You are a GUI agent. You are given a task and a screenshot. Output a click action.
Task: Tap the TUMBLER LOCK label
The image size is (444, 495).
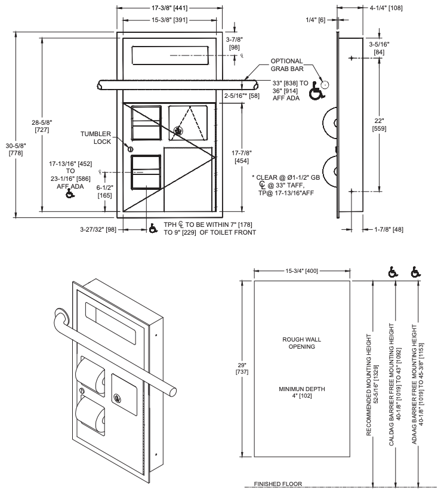click(x=95, y=138)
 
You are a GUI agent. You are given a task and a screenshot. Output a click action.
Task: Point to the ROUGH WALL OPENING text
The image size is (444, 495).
click(x=302, y=343)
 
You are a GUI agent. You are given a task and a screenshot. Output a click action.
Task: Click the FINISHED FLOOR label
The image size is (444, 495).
click(x=277, y=484)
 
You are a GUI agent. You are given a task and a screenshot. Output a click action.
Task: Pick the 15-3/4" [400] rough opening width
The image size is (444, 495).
click(x=301, y=272)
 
